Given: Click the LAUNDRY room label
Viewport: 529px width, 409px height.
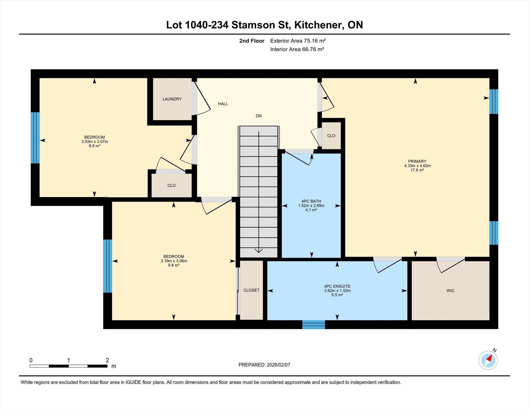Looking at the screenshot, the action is point(172,99).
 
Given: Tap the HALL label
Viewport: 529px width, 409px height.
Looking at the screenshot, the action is point(223,104).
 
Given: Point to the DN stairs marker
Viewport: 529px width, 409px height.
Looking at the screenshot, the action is point(259,116).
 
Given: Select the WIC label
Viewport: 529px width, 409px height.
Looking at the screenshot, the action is point(450,291).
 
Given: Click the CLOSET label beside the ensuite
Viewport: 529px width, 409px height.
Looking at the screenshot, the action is point(251,290).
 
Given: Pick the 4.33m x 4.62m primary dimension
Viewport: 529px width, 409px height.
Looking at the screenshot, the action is point(417,166).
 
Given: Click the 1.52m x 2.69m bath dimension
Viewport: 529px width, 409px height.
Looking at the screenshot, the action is point(311,206).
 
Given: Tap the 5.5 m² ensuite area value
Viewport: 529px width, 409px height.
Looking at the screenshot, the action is point(337,295).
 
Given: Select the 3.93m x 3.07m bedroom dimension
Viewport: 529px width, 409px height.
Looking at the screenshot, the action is point(95,142).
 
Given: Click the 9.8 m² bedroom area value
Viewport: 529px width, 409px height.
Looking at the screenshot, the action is point(174,265).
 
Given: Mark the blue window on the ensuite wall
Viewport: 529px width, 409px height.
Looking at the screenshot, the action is point(314,325).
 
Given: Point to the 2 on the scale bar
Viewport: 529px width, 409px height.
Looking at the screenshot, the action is point(107,360).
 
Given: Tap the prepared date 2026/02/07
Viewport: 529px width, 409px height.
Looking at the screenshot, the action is point(278,365).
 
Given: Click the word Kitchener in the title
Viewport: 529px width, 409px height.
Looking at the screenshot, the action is point(319,25).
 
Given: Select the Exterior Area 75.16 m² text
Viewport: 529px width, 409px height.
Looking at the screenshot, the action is point(298,41).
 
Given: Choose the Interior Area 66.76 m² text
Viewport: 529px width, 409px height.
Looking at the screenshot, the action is point(297,49).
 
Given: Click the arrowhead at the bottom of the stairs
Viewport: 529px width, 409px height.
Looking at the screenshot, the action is point(259,251).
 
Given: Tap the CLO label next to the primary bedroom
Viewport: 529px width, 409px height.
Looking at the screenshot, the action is point(331,136).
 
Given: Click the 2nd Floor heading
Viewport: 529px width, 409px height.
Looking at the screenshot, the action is point(252,41).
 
